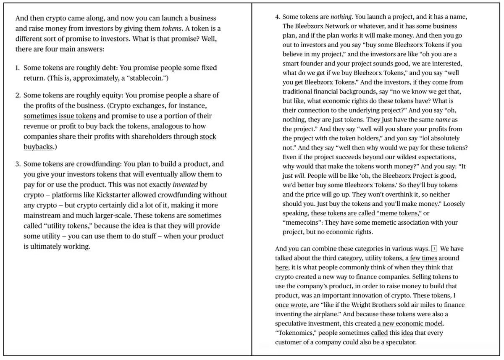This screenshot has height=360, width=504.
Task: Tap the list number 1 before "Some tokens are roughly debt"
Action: tap(17, 68)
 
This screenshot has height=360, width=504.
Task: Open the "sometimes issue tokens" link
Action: tap(60, 116)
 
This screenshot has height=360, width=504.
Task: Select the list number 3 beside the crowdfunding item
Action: tap(17, 164)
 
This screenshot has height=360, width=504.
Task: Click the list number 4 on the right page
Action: tap(277, 17)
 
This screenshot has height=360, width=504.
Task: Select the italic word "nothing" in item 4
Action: tap(341, 17)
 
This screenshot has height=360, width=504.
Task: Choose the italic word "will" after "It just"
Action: tap(299, 176)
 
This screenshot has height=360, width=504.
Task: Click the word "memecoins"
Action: tap(301, 223)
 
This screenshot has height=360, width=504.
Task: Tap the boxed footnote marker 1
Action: tap(434, 249)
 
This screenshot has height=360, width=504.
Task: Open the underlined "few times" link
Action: tap(423, 258)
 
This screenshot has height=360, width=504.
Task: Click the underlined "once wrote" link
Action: tap(291, 305)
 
